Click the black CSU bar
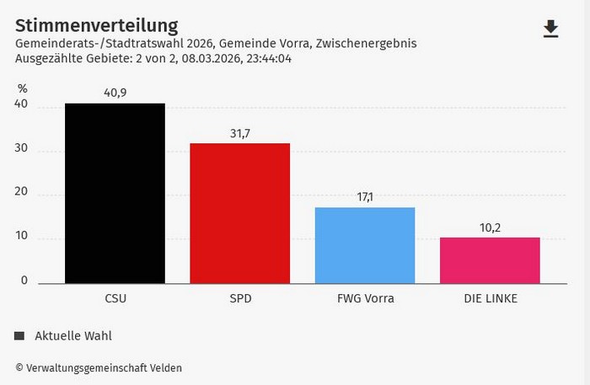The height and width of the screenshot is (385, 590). coord(115,193)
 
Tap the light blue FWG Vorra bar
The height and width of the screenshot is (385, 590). coord(365,245)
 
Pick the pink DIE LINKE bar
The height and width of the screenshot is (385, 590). coord(490,260)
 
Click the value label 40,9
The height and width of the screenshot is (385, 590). coord(115,94)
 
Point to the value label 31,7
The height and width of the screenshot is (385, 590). coord(239,133)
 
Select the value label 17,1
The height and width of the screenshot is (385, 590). coord(365,197)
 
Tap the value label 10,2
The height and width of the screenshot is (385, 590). coord(490,227)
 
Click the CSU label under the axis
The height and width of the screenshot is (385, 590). coord(115,298)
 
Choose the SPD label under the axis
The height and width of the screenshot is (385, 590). coord(239,298)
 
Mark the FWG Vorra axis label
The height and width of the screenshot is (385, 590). coord(365,298)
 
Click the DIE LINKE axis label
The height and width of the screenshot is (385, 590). coord(490,298)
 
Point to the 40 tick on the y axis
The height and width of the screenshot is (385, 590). coord(21,105)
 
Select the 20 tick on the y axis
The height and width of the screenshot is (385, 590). coord(21,193)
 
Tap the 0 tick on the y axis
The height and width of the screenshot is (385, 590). coord(24,281)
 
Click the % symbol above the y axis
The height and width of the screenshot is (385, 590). coord(22,88)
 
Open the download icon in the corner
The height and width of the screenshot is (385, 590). coord(550,29)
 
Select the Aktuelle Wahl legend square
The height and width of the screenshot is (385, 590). coord(19,336)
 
